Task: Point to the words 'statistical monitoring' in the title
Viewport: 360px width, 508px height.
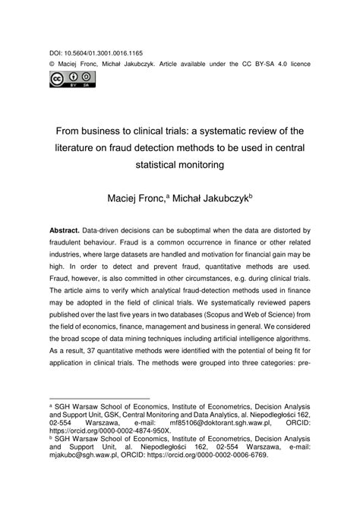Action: pos(181,164)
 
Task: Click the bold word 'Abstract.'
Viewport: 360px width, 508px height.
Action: pos(68,229)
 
